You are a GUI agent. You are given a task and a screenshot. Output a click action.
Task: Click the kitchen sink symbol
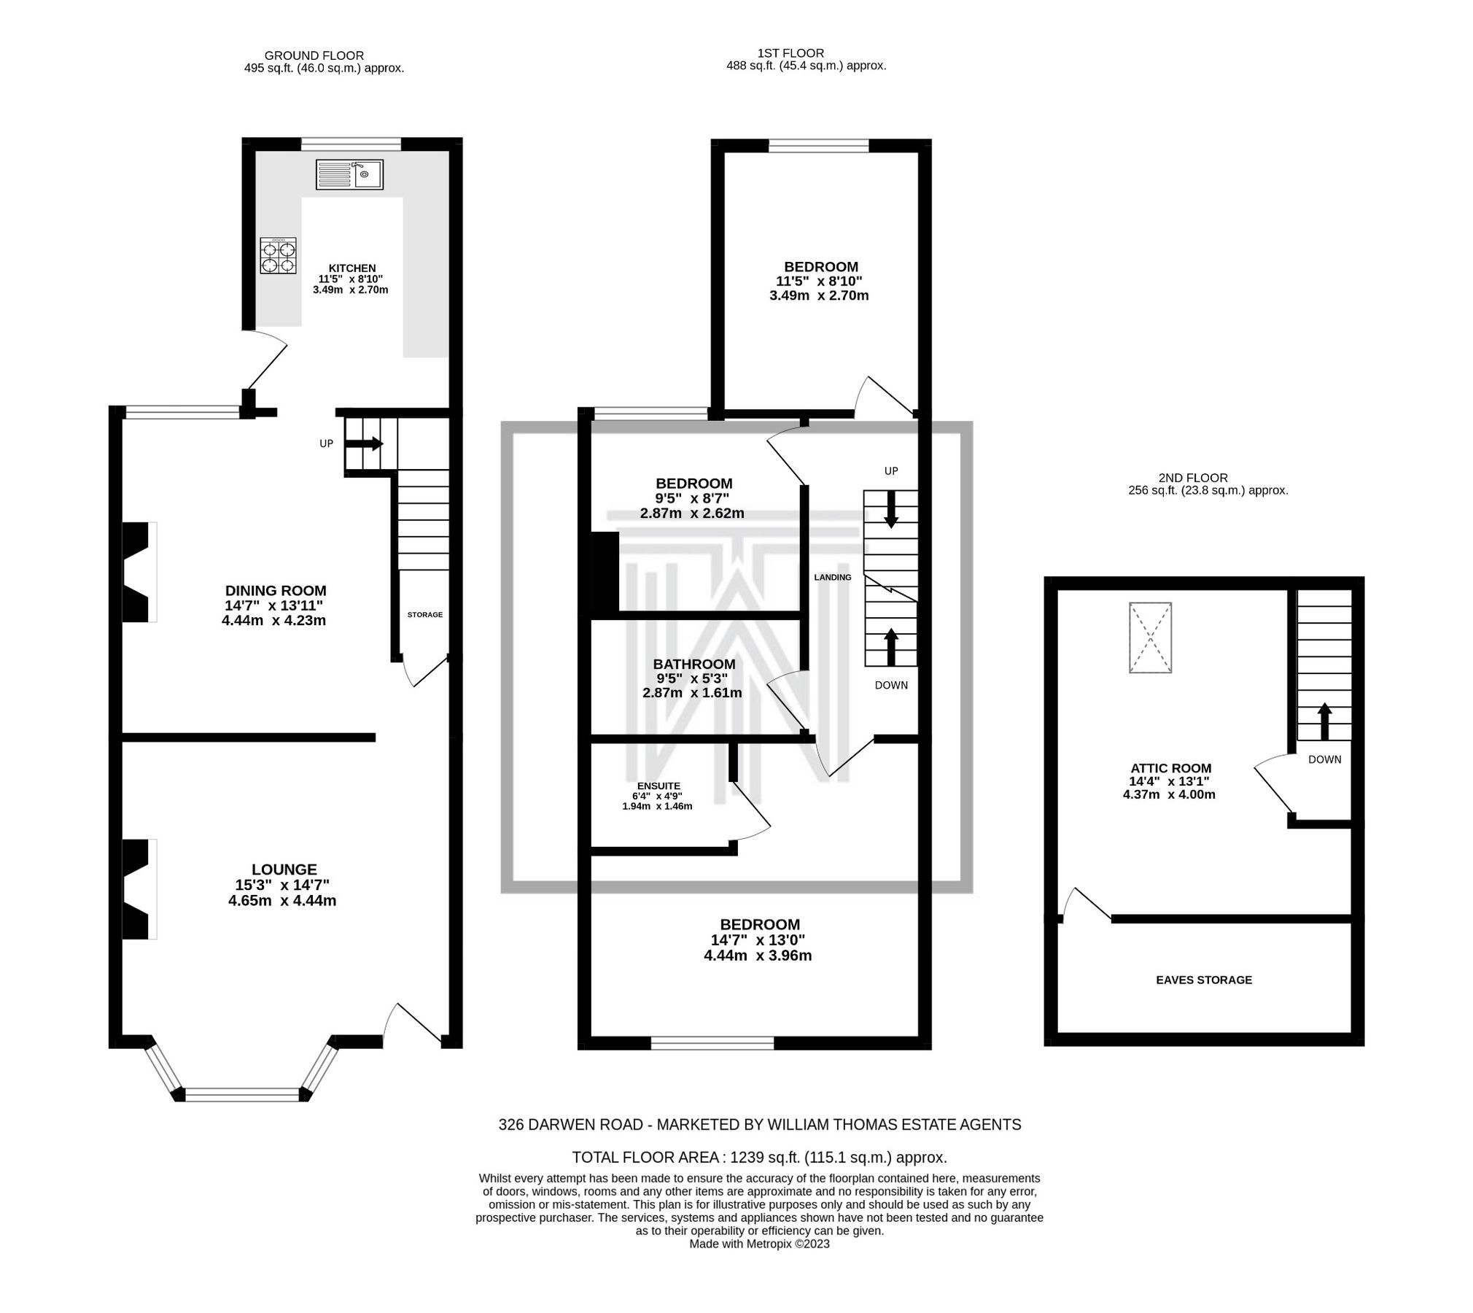pyautogui.click(x=349, y=174)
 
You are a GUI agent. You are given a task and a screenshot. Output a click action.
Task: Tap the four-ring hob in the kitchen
pyautogui.click(x=278, y=255)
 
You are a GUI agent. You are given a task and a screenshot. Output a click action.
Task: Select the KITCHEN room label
pyautogui.click(x=352, y=268)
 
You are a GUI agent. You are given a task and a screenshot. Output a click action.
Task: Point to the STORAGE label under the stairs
pyautogui.click(x=424, y=614)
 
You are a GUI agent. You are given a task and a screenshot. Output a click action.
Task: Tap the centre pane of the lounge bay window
pyautogui.click(x=242, y=1094)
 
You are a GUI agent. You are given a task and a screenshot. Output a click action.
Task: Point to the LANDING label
pyautogui.click(x=832, y=577)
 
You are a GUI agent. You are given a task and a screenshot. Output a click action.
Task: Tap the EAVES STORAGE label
pyautogui.click(x=1203, y=980)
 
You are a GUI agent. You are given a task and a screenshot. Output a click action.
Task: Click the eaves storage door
pyautogui.click(x=1087, y=905)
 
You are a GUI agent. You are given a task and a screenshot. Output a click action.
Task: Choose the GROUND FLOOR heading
pyautogui.click(x=314, y=55)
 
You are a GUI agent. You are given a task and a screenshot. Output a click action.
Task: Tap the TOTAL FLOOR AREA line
pyautogui.click(x=758, y=1157)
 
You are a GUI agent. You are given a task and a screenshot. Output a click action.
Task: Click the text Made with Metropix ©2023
pyautogui.click(x=758, y=1244)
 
